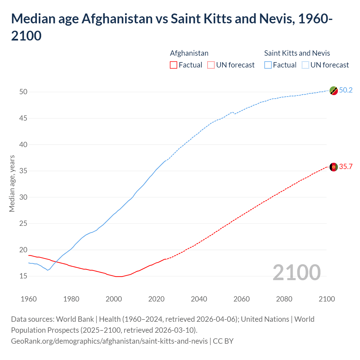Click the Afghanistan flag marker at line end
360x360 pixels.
(x=334, y=167)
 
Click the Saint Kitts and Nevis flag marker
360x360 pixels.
(x=334, y=91)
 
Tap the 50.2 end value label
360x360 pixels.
(x=346, y=90)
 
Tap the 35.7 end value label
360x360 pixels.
(x=346, y=166)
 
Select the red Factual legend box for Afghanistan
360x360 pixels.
(x=174, y=65)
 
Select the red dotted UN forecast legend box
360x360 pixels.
(x=211, y=65)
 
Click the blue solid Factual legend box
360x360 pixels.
(x=268, y=65)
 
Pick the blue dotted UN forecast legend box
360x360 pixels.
(x=305, y=65)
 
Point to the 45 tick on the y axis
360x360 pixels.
(x=23, y=118)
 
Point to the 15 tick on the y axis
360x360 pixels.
(x=23, y=276)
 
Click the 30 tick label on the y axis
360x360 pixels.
(x=23, y=197)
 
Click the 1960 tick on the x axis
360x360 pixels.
(x=29, y=299)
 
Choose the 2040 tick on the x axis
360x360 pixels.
(x=199, y=299)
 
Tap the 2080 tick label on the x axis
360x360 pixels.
(x=284, y=299)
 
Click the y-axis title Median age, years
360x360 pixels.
(x=12, y=183)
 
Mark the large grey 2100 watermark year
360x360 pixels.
(x=296, y=272)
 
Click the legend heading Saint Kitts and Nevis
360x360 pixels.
(x=297, y=53)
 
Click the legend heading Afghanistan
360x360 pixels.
(x=189, y=53)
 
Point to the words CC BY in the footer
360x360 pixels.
(x=223, y=341)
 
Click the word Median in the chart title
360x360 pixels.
(x=33, y=19)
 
